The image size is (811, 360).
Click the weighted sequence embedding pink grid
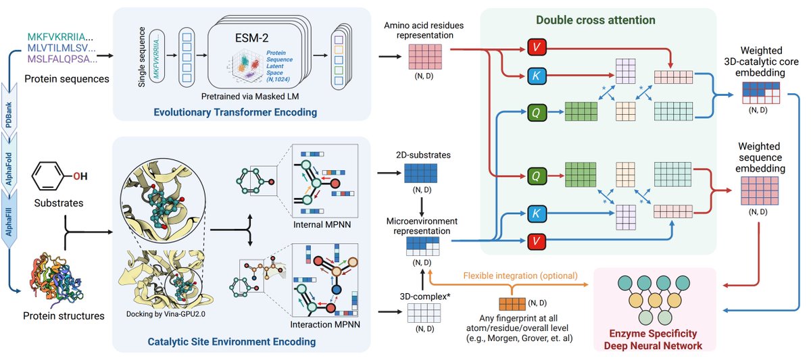coord(760,190)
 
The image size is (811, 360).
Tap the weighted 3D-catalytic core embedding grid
coord(760,93)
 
